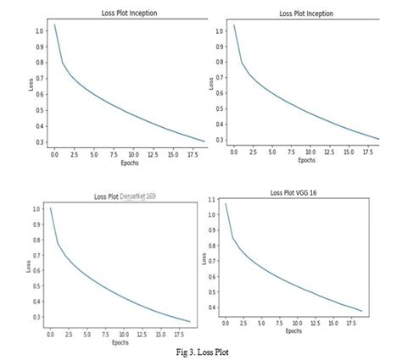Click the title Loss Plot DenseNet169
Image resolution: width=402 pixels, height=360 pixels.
(125, 197)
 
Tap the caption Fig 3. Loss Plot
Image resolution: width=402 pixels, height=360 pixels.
(200, 350)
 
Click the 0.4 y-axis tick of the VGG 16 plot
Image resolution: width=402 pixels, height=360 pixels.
(212, 308)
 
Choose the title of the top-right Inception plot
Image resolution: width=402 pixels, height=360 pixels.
(306, 14)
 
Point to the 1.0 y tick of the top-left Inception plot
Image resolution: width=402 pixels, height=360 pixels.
(39, 31)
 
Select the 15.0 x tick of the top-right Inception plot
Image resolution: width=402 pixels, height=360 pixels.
(352, 154)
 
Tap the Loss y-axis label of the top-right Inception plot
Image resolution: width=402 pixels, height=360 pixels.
(211, 85)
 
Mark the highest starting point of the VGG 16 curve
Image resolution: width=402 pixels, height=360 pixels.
(225, 203)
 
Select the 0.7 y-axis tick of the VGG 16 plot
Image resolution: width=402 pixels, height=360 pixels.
(212, 254)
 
